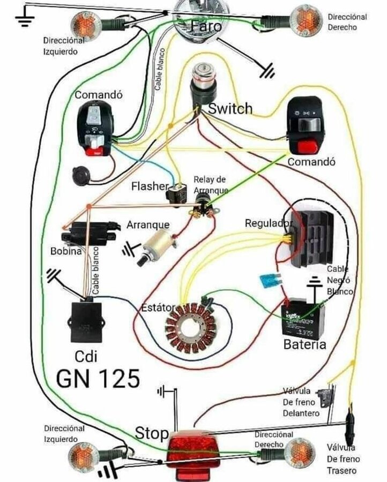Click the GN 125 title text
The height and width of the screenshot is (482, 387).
coord(98,378)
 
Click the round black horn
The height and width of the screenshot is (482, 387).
coord(81,176)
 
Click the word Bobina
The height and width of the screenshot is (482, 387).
coord(66,251)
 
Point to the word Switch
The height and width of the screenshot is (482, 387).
coord(230,109)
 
